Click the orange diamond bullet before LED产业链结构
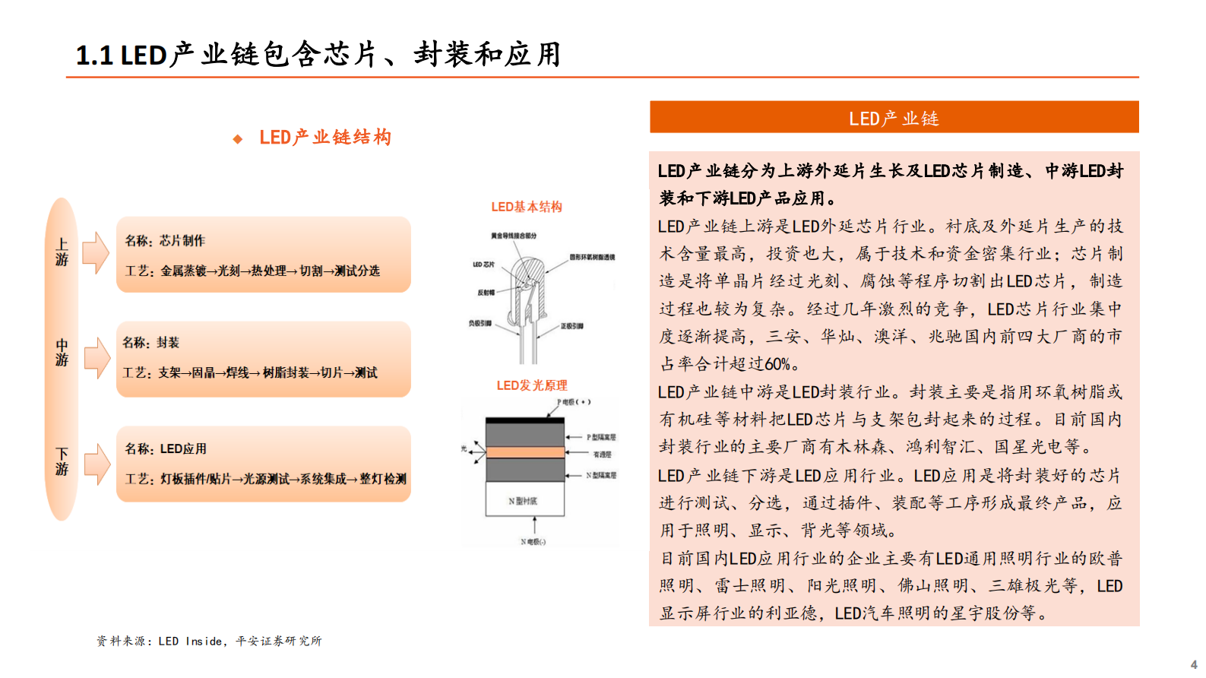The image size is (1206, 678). pyautogui.click(x=238, y=139)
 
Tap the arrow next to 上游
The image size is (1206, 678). pyautogui.click(x=96, y=252)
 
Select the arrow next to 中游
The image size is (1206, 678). pyautogui.click(x=97, y=357)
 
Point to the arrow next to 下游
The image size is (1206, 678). pyautogui.click(x=97, y=463)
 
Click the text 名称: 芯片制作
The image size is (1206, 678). pyautogui.click(x=165, y=241)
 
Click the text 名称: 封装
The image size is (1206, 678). pyautogui.click(x=151, y=343)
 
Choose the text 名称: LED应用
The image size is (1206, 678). pyautogui.click(x=166, y=449)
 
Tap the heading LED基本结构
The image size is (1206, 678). pyautogui.click(x=526, y=207)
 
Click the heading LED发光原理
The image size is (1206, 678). pyautogui.click(x=532, y=385)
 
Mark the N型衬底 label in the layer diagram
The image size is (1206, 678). pyautogui.click(x=523, y=502)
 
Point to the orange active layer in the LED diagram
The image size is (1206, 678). pyautogui.click(x=524, y=452)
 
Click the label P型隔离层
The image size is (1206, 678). pyautogui.click(x=601, y=437)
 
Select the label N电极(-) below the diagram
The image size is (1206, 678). pyautogui.click(x=533, y=542)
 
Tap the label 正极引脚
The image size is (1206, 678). pyautogui.click(x=572, y=326)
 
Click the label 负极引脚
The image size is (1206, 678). pyautogui.click(x=480, y=323)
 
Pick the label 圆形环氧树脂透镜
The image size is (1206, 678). pyautogui.click(x=592, y=258)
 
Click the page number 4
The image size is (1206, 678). pyautogui.click(x=1194, y=664)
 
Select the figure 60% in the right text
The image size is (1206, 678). pyautogui.click(x=777, y=364)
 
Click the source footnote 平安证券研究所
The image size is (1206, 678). pyautogui.click(x=279, y=642)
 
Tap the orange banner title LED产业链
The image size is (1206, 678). pyautogui.click(x=894, y=119)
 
